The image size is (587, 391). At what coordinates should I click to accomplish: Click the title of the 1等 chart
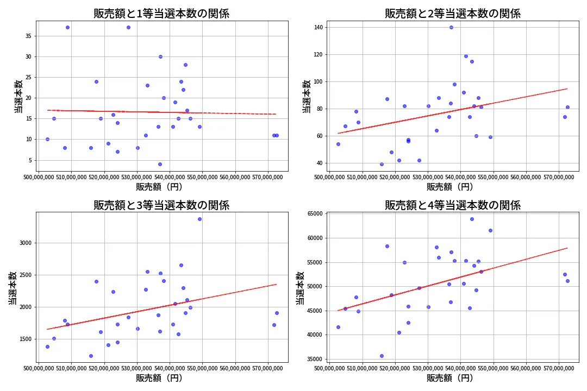pyautogui.click(x=161, y=14)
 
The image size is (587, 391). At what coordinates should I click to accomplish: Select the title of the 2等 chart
pyautogui.click(x=452, y=14)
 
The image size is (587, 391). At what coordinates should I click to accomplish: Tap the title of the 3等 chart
pyautogui.click(x=161, y=205)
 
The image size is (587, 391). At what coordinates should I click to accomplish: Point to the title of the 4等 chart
pyautogui.click(x=452, y=205)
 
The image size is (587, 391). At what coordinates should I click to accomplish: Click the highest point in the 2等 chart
pyautogui.click(x=451, y=27)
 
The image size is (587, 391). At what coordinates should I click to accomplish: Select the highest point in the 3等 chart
pyautogui.click(x=199, y=219)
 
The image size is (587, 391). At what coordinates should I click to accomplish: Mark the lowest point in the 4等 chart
pyautogui.click(x=382, y=356)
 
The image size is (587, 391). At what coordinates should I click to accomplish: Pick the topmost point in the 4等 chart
pyautogui.click(x=472, y=219)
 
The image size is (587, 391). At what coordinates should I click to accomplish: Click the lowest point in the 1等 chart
pyautogui.click(x=160, y=164)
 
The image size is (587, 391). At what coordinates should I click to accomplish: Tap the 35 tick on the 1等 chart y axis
pyautogui.click(x=27, y=36)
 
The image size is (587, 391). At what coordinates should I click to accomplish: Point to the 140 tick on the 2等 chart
pyautogui.click(x=317, y=27)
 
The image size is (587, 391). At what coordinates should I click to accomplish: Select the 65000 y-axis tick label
pyautogui.click(x=314, y=214)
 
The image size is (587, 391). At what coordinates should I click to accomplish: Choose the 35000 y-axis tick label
pyautogui.click(x=314, y=359)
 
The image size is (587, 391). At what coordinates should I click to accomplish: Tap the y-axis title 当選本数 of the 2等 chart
pyautogui.click(x=306, y=96)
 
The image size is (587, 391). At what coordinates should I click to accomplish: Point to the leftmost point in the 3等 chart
pyautogui.click(x=47, y=346)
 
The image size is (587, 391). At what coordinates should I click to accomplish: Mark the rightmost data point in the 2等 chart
pyautogui.click(x=567, y=107)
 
